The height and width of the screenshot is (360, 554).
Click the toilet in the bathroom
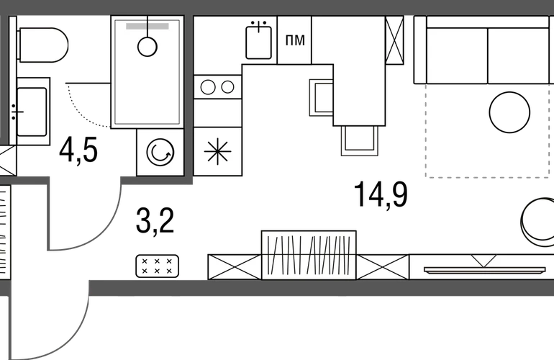42,45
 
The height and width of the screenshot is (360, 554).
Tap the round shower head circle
147,47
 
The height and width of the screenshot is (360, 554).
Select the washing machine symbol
160,152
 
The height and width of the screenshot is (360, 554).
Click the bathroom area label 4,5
78,151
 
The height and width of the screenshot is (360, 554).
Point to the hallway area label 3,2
155,221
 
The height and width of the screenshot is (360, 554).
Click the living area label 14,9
381,194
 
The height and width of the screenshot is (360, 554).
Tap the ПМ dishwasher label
295,40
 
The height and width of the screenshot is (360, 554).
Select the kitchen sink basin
258,42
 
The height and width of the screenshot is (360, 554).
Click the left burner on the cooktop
208,87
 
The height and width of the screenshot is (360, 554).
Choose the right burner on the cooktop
227,87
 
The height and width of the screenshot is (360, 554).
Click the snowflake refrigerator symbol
217,151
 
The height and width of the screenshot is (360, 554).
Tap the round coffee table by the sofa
509,112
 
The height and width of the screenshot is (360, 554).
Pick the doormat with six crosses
158,266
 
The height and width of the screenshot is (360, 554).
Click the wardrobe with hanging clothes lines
309,255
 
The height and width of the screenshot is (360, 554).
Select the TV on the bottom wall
485,271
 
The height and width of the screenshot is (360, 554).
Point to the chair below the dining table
359,141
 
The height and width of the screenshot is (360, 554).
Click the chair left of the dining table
321,98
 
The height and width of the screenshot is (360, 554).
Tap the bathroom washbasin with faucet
32,112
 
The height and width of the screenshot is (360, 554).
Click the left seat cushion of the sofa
457,55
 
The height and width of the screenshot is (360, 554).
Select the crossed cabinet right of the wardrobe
383,267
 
